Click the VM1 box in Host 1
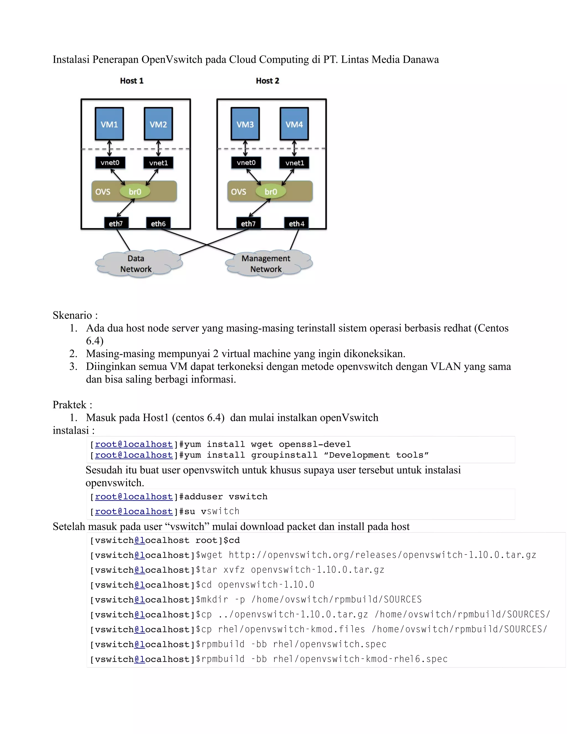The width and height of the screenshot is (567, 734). click(x=109, y=124)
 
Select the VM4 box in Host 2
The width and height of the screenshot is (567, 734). click(x=294, y=124)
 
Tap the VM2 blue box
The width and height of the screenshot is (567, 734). click(x=158, y=124)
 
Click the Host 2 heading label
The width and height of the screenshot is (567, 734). click(x=267, y=81)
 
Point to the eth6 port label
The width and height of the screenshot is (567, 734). click(x=158, y=224)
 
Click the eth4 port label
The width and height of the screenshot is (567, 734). click(x=297, y=224)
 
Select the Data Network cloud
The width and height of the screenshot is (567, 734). click(x=136, y=264)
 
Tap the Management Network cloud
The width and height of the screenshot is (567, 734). click(x=266, y=264)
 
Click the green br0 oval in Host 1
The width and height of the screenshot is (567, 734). click(x=135, y=192)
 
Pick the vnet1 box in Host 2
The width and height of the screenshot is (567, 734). click(x=294, y=163)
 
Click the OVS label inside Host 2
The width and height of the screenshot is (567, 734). click(x=238, y=192)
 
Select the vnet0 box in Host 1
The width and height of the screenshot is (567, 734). click(x=110, y=163)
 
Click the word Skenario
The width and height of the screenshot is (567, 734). click(x=72, y=315)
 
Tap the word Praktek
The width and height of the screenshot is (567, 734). click(x=69, y=405)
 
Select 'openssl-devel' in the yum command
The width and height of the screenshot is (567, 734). click(x=315, y=444)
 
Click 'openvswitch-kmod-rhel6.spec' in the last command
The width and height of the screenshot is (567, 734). click(x=373, y=659)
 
